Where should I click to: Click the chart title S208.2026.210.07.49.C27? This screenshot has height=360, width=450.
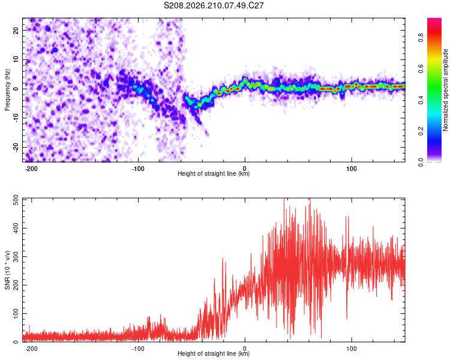coord(214,5)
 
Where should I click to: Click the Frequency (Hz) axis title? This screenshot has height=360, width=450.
coord(7,89)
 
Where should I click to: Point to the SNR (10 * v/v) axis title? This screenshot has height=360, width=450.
coord(7,270)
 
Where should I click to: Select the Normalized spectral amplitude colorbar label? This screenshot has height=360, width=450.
coord(445,90)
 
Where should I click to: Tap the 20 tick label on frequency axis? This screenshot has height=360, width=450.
coord(16,31)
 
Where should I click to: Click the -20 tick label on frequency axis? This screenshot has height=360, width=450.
coord(16,148)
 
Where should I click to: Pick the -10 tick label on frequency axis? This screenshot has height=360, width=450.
coord(16,118)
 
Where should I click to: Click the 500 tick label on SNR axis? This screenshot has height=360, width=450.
coord(16,200)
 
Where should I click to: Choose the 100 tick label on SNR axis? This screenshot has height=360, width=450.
coord(16,313)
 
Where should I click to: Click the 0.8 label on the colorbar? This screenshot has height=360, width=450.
coord(421,37)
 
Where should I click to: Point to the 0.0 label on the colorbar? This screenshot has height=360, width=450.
coord(421,162)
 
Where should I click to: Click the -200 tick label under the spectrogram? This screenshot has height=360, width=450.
coord(31,169)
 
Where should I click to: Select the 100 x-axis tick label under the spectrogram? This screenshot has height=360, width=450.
coord(351,169)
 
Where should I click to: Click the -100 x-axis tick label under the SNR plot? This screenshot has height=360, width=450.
coord(138,349)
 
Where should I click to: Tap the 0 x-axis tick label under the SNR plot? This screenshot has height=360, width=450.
coord(245,349)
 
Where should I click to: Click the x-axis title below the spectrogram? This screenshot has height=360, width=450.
coord(214,173)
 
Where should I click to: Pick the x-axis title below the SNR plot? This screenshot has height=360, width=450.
coord(214,353)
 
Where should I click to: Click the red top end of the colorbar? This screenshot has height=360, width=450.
coord(434,19)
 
